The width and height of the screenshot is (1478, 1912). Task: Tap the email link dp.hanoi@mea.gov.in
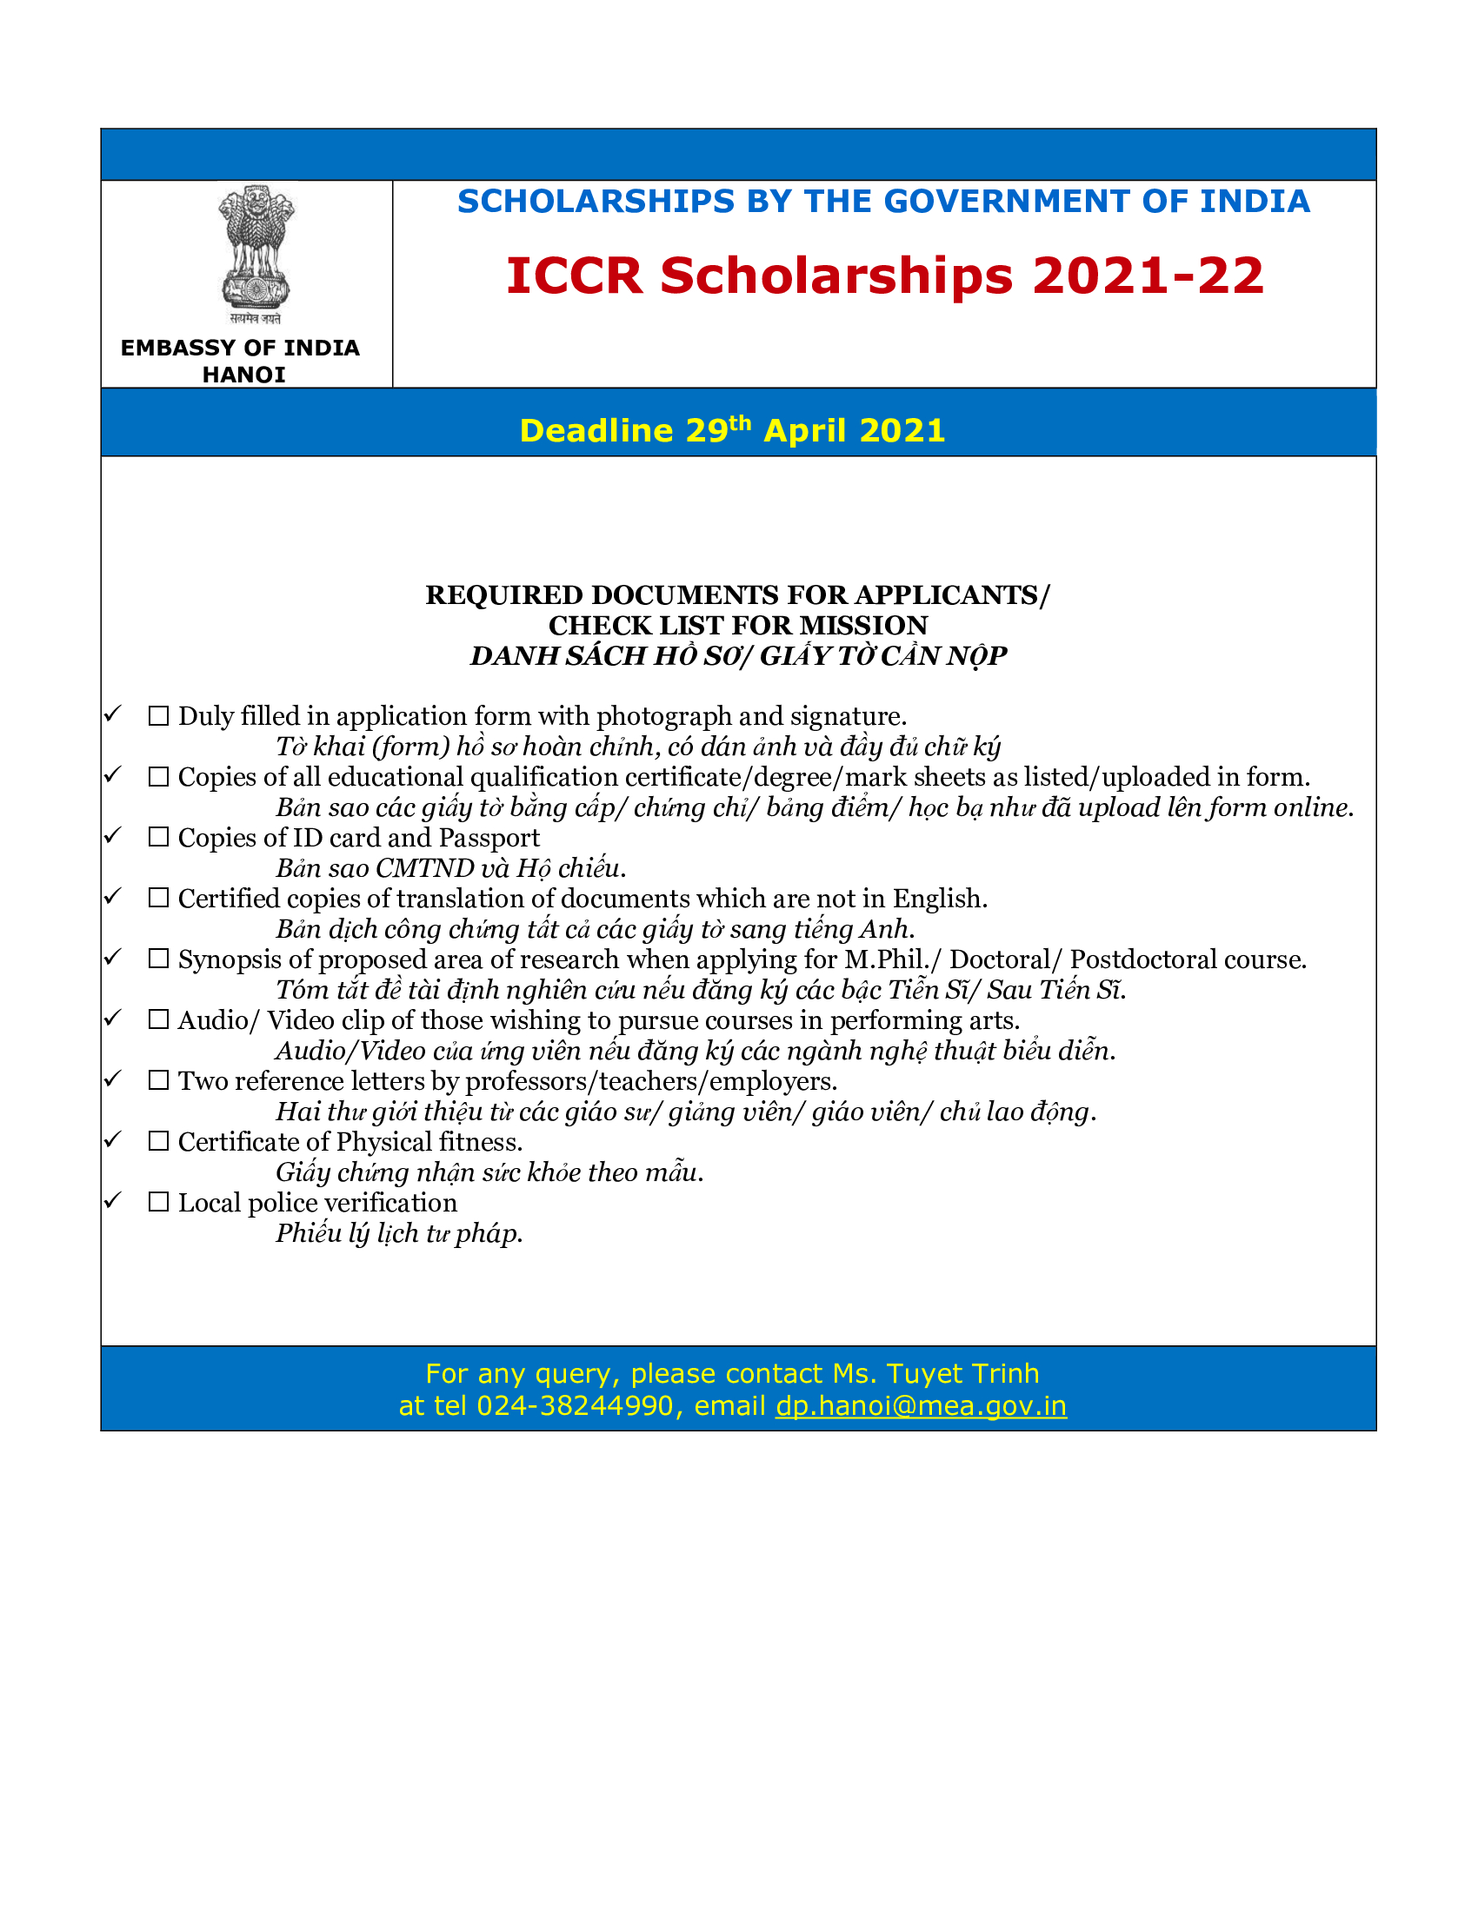click(x=921, y=1405)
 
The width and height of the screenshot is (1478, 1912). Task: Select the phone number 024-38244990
click(x=575, y=1405)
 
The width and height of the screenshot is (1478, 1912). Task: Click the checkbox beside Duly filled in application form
click(x=158, y=716)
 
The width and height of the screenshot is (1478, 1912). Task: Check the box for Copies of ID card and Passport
click(x=158, y=838)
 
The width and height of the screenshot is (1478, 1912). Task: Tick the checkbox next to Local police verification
click(x=158, y=1203)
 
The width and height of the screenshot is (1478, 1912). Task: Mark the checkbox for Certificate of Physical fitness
click(x=158, y=1142)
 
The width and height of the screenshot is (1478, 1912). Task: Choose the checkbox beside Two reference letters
click(x=158, y=1081)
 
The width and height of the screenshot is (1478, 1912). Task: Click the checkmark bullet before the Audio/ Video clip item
click(x=113, y=1018)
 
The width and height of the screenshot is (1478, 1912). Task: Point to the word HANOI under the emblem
click(x=243, y=375)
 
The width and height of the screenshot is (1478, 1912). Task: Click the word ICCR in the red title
click(x=575, y=276)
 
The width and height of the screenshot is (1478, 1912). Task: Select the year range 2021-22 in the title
click(x=1148, y=276)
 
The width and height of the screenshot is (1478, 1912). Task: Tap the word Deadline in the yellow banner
click(x=596, y=431)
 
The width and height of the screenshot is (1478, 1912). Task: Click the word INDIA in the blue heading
click(x=1254, y=202)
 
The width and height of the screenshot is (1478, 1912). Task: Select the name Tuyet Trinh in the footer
click(x=962, y=1372)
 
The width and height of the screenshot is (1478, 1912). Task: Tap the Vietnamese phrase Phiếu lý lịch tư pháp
click(x=398, y=1233)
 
